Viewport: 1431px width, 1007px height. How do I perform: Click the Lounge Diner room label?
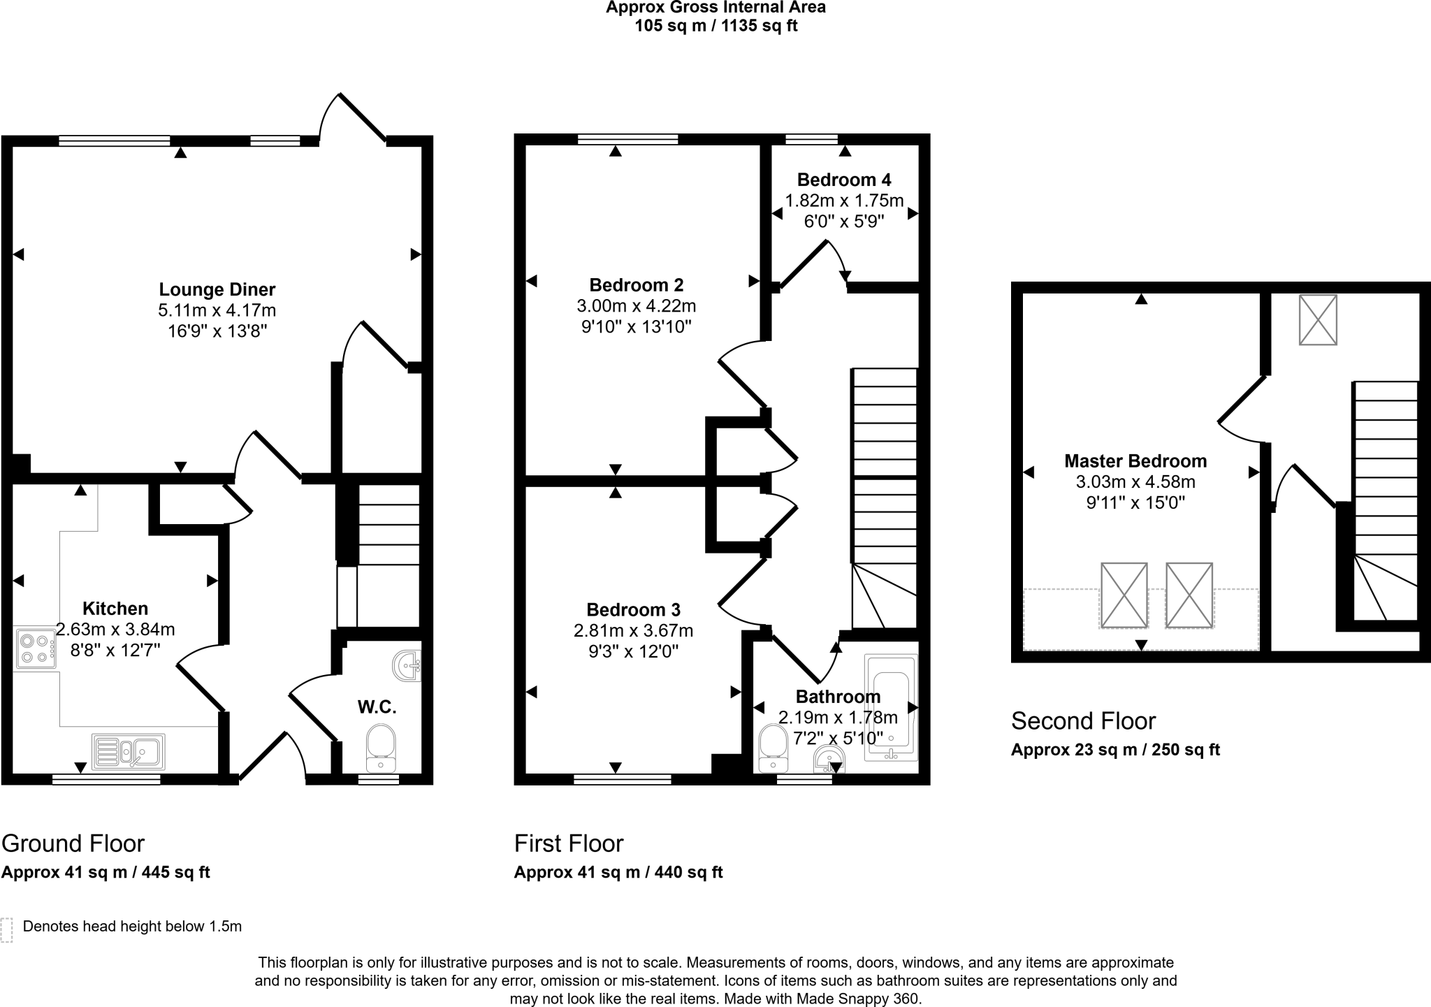click(217, 289)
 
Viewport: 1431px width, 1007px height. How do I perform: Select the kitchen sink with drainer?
click(129, 751)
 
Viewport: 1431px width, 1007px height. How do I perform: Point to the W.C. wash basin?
click(407, 665)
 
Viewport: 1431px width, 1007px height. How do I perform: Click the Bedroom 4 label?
click(844, 180)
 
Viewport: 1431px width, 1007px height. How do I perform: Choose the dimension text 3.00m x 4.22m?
click(636, 306)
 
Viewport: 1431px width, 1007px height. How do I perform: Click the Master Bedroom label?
click(1135, 461)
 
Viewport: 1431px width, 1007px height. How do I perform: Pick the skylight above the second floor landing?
click(1318, 320)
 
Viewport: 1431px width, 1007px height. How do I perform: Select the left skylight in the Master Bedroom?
click(1124, 595)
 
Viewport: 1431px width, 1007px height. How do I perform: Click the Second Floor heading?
click(1083, 720)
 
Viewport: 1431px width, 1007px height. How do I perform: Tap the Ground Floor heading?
click(73, 843)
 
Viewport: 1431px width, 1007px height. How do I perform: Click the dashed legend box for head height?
click(7, 930)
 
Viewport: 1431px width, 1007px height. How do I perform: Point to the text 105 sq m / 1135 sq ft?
click(715, 27)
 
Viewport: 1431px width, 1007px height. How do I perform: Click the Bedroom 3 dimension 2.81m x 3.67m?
click(633, 631)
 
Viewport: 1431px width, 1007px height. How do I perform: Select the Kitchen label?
click(115, 608)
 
